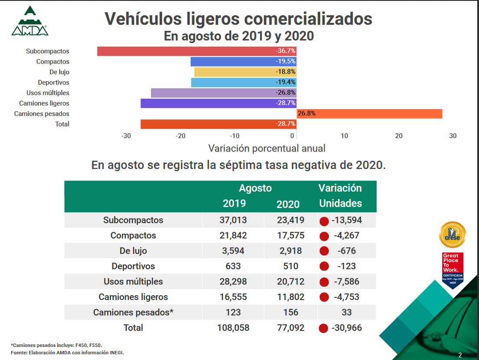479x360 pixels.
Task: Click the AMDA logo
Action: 30,21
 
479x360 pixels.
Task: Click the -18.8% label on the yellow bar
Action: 285,72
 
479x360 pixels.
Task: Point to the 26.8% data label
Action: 306,114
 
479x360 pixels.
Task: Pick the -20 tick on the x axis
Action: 180,136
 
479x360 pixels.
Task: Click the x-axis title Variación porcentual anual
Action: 266,149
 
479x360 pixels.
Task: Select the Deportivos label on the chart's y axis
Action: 53,83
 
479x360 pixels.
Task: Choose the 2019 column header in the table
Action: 234,204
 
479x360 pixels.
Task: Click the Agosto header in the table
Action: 255,188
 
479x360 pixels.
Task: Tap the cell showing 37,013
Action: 233,220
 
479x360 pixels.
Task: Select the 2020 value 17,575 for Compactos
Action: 291,236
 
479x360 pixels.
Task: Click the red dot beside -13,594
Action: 324,221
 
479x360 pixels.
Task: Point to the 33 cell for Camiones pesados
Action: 346,312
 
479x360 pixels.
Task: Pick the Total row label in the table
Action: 133,328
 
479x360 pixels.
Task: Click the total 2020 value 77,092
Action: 291,328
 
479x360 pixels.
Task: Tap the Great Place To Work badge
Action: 453,271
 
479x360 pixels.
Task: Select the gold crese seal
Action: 453,235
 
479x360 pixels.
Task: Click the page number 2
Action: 460,355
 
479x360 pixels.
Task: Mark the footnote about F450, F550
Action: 56,345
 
